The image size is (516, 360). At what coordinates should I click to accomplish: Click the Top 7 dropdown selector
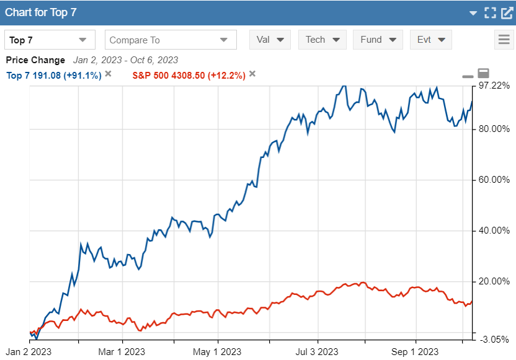click(50, 40)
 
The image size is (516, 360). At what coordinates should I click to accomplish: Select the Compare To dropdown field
click(171, 40)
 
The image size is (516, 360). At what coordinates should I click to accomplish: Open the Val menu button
click(270, 40)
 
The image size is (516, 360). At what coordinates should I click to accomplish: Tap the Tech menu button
click(322, 40)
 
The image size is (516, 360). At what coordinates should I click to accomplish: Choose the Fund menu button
click(378, 40)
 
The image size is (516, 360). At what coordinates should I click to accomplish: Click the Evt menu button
click(430, 40)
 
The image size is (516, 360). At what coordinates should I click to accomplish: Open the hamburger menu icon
click(504, 40)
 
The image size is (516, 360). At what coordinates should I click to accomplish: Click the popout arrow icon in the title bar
click(506, 12)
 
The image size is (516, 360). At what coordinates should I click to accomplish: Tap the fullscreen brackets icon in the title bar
click(490, 12)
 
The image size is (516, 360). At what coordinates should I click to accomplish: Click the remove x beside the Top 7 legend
click(108, 74)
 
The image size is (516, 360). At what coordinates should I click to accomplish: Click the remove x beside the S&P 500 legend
click(252, 74)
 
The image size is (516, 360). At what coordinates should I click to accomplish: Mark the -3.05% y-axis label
click(494, 339)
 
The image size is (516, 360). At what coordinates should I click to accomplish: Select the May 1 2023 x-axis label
click(218, 353)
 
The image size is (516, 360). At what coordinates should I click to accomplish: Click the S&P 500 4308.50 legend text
click(189, 76)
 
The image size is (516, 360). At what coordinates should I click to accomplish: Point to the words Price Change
click(35, 60)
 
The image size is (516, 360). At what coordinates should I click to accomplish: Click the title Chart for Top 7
click(41, 12)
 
